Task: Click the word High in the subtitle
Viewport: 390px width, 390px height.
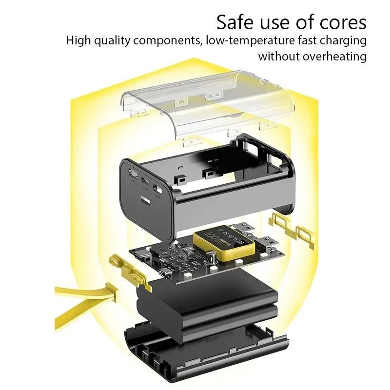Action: pos(78,40)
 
